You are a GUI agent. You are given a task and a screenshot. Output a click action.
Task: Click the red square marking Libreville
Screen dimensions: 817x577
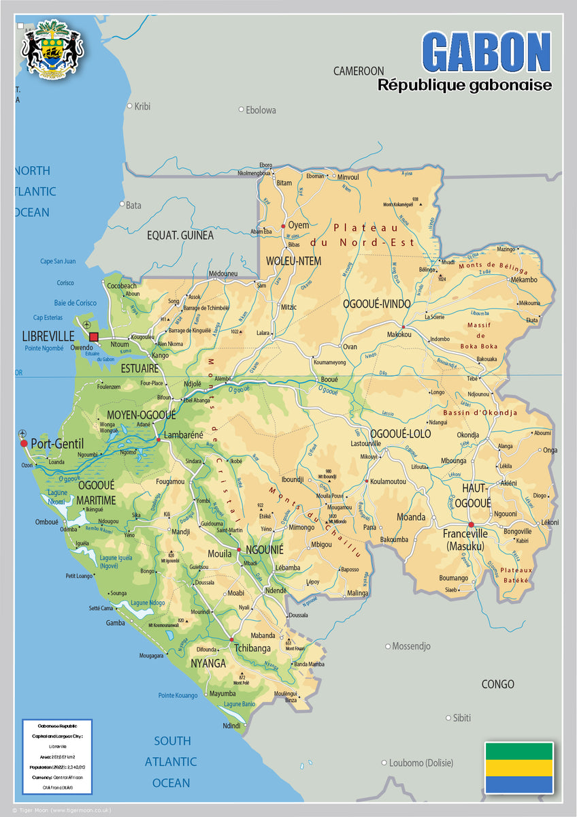coord(94,336)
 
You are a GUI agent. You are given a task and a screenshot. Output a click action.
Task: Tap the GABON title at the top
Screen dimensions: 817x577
coord(486,52)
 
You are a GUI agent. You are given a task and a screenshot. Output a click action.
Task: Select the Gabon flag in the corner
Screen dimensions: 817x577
coord(518,767)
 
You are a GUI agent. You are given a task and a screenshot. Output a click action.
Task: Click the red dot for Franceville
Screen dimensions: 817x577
coord(471,525)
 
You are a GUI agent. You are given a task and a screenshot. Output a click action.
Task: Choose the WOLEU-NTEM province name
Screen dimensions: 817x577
coord(293,261)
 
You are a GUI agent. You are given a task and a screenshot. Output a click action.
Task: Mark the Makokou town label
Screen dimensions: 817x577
coord(399,334)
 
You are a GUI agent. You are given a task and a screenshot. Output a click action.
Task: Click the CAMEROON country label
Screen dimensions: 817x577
coord(358,71)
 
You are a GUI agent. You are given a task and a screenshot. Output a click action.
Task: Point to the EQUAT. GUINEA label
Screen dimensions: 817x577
coord(180,236)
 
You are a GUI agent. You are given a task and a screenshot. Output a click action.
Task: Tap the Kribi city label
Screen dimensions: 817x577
coord(142,106)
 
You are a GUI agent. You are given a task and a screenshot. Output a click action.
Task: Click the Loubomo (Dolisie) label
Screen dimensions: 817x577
coord(421,763)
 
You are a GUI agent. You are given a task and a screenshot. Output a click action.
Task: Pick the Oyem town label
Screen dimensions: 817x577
coord(298,225)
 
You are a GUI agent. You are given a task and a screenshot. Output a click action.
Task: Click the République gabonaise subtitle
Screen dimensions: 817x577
coord(465,85)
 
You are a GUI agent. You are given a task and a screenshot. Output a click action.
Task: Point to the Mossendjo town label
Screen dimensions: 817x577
coord(412,646)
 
